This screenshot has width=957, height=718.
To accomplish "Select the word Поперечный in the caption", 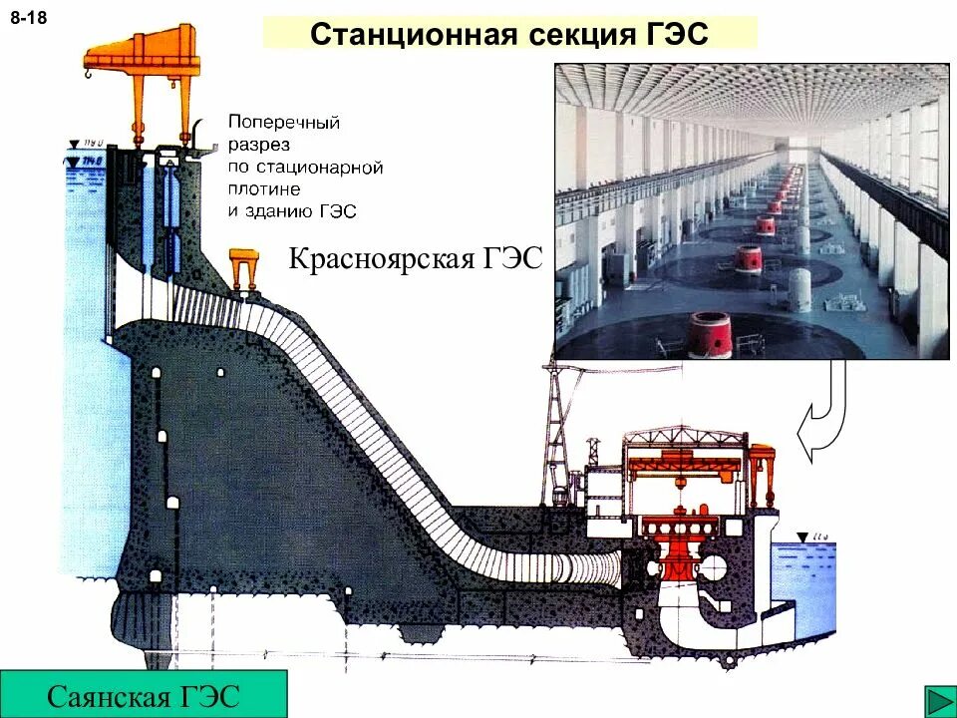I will pos(284,123).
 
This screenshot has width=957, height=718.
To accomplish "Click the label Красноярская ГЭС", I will pos(415,260).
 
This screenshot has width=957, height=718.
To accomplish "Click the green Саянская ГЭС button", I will pos(144,694).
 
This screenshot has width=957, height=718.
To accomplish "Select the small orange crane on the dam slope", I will pos(244,266).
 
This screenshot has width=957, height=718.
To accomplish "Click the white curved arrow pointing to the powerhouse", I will pos(823,419).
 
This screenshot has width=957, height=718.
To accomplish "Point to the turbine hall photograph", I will pos(752,210).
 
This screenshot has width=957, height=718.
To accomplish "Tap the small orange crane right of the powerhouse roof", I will pos(763,469).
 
